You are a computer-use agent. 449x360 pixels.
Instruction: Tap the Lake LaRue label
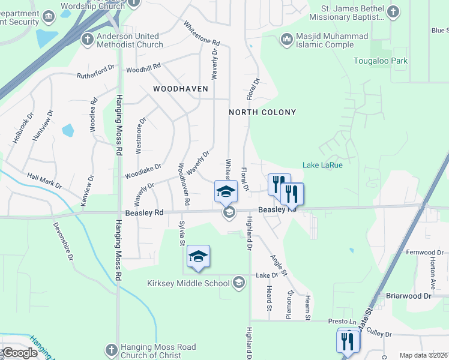322,165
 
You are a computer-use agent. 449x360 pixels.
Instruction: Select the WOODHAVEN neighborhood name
180,88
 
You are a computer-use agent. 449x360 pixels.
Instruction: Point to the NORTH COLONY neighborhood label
262,112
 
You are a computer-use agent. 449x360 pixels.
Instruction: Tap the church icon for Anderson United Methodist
87,40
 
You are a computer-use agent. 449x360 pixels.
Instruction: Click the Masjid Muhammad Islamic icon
286,40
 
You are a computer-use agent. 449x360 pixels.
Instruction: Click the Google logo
19,352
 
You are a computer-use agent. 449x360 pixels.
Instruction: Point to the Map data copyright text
424,355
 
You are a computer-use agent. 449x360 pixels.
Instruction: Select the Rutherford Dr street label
95,72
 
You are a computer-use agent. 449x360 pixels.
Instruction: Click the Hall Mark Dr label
44,181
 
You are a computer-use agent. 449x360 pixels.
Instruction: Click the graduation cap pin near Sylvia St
198,257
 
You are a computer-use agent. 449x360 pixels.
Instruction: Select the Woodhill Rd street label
143,68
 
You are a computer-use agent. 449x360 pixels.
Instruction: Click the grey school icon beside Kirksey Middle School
239,282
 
